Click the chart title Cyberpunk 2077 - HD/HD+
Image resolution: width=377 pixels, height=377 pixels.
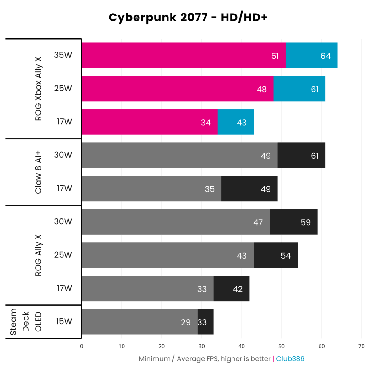point(188,18)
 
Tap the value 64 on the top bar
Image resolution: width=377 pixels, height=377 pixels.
point(325,56)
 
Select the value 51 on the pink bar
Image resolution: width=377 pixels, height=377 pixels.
point(275,56)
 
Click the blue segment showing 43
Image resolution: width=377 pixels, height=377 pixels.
point(236,122)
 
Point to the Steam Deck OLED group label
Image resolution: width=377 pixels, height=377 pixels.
point(25,322)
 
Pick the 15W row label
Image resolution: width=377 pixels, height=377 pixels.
point(64,321)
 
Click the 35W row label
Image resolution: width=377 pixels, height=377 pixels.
point(63,55)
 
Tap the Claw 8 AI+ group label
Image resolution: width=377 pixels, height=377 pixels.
point(38,172)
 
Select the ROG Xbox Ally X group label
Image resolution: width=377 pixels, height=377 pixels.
point(38,89)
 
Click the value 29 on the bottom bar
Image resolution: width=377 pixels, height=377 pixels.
point(186,322)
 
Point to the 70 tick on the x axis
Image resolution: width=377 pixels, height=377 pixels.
point(361,346)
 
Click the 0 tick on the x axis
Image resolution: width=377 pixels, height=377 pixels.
point(82,346)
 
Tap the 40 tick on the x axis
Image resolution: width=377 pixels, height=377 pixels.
point(241,346)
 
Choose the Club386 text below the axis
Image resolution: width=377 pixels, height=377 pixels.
point(290,359)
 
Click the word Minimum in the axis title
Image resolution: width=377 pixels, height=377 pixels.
point(155,359)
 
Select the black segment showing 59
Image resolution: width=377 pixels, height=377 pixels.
point(293,222)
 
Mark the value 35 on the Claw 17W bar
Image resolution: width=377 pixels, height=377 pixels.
point(210,189)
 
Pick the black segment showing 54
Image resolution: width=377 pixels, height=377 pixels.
point(276,255)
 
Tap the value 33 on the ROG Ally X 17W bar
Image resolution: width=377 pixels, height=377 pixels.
point(202,289)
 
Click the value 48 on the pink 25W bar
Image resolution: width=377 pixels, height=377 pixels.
point(261,89)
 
